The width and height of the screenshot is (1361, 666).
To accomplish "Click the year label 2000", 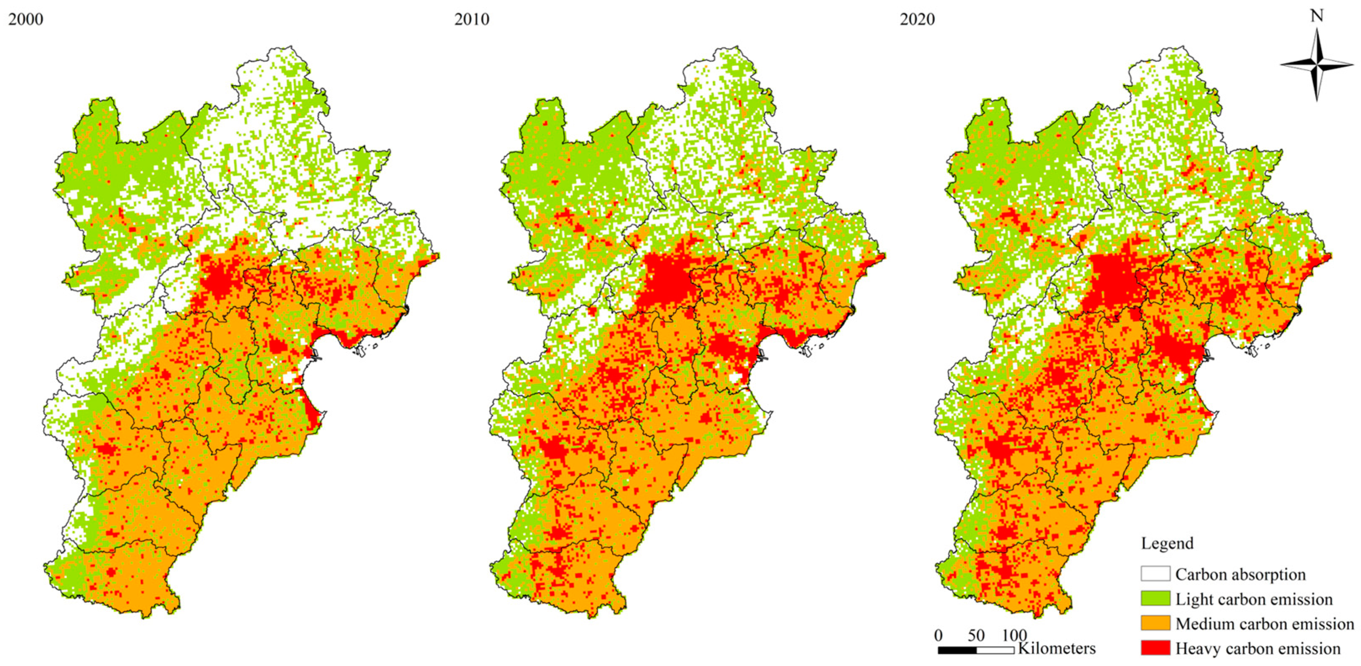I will click(25, 20).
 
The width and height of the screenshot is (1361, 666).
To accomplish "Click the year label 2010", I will click(471, 20).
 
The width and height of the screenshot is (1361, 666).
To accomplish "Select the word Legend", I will click(1167, 543).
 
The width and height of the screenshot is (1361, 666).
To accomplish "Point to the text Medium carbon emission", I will click(1264, 624).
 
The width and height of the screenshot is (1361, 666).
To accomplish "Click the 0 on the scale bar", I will click(938, 635).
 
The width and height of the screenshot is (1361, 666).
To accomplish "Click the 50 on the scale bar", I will click(976, 635).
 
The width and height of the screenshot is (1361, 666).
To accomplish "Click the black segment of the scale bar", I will click(957, 650).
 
